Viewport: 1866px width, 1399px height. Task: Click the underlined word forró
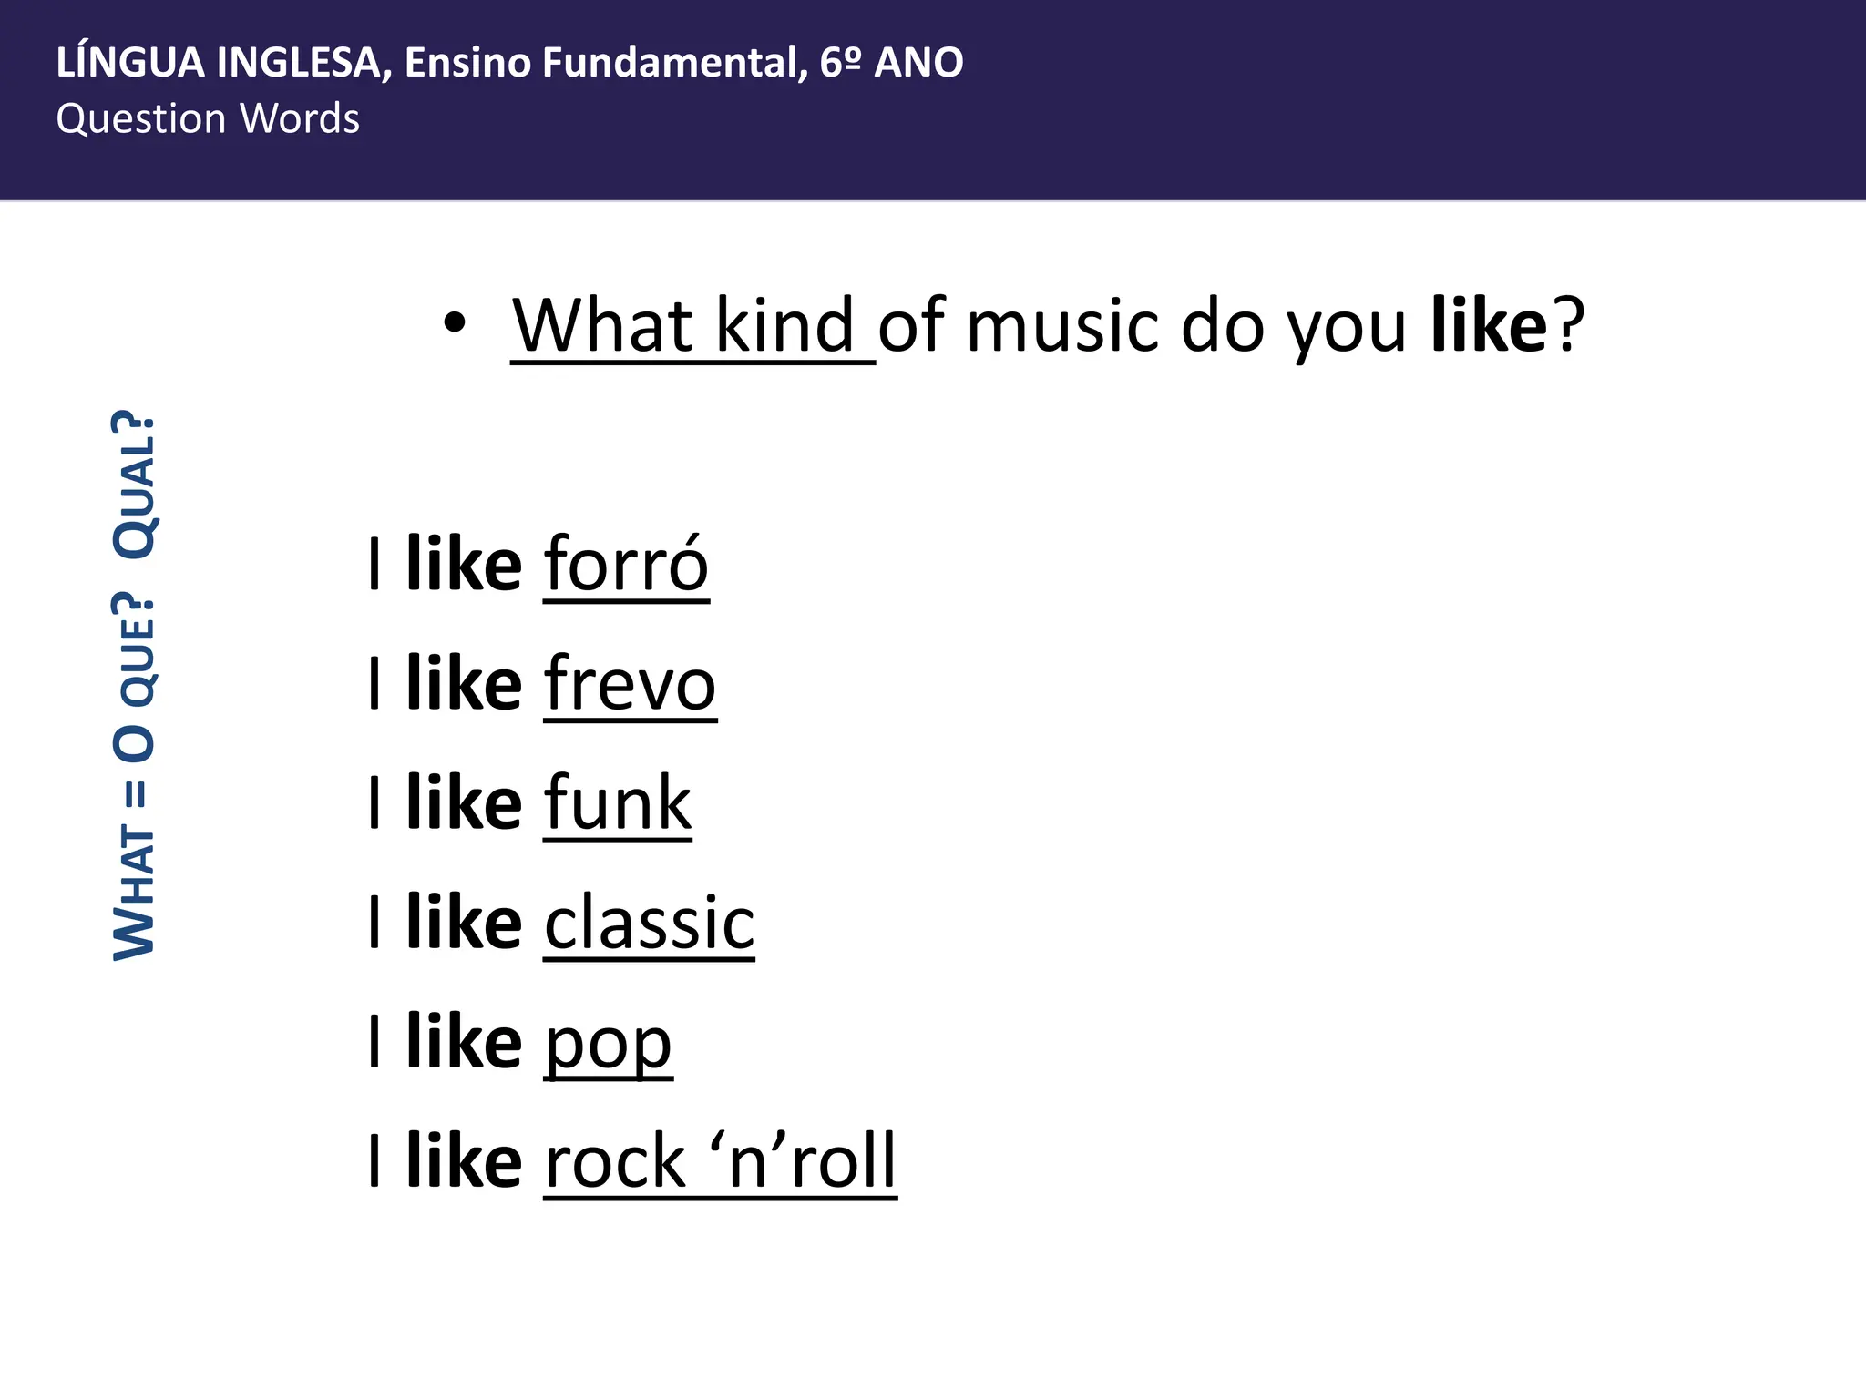coord(626,565)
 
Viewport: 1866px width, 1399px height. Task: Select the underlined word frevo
coord(630,684)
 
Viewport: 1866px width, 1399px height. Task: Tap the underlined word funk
coord(618,803)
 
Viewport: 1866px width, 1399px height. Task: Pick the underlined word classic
coord(649,923)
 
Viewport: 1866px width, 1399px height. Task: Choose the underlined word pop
coord(608,1044)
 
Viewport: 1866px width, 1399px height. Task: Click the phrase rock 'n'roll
coord(720,1161)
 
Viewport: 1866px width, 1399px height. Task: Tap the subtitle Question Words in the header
coord(208,119)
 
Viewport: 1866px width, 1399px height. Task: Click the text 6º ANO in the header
coord(891,63)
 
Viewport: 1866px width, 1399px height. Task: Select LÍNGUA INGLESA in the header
coord(218,63)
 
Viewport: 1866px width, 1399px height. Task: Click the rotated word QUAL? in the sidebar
coord(134,485)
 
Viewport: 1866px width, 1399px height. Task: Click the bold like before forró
coord(464,565)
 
